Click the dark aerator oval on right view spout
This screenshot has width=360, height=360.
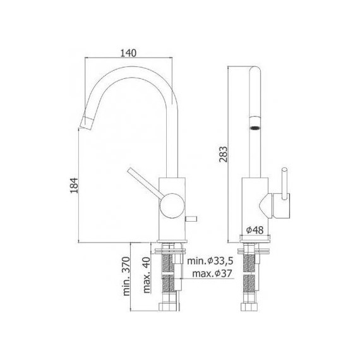tap(256, 127)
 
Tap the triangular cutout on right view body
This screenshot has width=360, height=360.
tap(264, 205)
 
